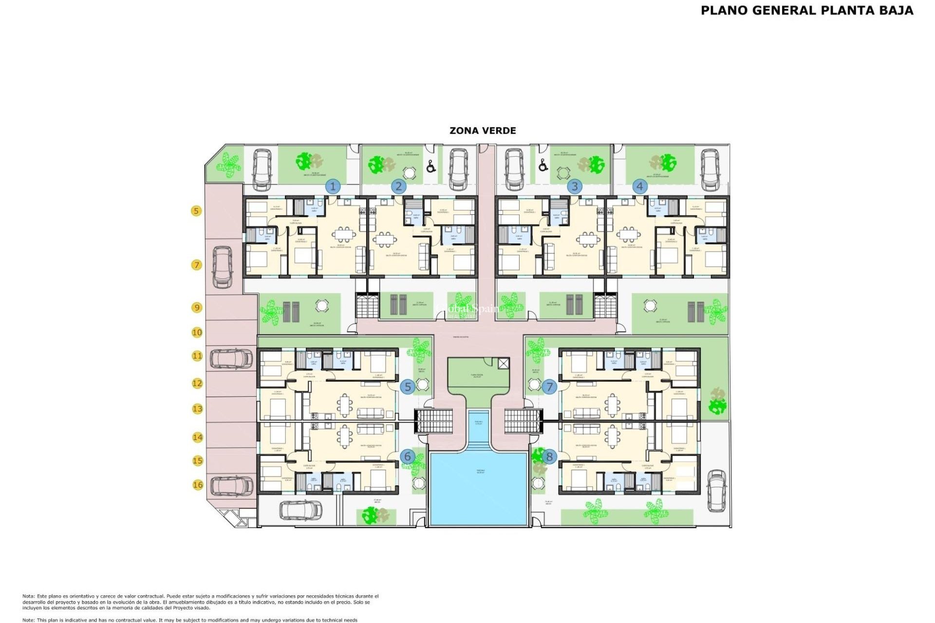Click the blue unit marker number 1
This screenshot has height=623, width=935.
coord(333,186)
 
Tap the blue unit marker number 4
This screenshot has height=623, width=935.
coord(639,186)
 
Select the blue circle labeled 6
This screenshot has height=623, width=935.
coord(408,457)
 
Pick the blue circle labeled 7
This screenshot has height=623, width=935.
coord(549,387)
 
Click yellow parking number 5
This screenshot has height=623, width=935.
coord(196,211)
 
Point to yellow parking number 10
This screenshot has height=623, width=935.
coord(197,332)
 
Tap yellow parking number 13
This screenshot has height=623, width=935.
coord(197,409)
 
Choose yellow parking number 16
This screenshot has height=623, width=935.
coord(198,485)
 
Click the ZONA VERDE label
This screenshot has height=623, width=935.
coord(482,130)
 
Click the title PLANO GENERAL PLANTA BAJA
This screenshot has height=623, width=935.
coord(806,11)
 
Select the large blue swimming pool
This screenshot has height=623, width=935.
coord(479,488)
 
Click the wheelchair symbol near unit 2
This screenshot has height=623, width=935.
coord(431,167)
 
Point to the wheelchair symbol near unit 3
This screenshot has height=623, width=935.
coord(543,166)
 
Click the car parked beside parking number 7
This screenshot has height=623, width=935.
coord(223,267)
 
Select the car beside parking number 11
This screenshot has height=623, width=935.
coord(231,359)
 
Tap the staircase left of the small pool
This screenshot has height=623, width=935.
coord(434,421)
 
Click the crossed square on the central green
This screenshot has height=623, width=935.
coord(504,363)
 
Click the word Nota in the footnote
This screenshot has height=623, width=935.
coord(28,596)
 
